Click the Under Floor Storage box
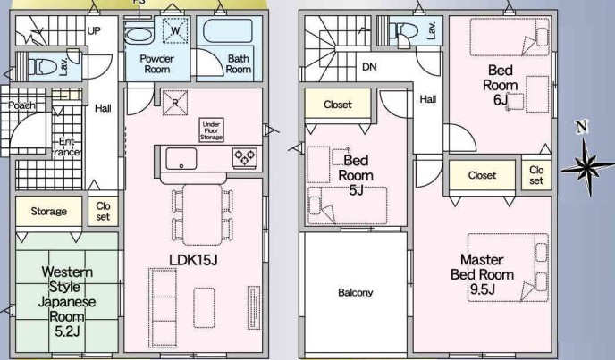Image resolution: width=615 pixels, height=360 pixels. tap(211, 130)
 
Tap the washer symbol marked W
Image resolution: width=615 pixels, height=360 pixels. tap(175, 30)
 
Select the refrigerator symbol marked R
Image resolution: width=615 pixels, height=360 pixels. tap(175, 103)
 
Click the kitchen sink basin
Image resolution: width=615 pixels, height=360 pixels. tap(181, 158)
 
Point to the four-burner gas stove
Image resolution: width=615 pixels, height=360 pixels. tap(245, 157)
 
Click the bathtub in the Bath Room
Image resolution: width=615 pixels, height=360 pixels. tap(228, 30)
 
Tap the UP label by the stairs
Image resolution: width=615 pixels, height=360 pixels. tap(94, 30)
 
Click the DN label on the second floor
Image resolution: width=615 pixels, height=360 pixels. tap(369, 67)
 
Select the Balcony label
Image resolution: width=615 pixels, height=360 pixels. tap(356, 292)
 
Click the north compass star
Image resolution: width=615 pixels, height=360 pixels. tap(586, 167)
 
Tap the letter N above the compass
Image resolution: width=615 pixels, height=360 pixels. tap(582, 127)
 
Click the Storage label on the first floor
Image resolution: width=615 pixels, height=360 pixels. tap(48, 212)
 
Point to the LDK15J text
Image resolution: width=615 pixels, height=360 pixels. tap(193, 260)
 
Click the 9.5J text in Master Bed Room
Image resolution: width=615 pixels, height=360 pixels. tap(483, 289)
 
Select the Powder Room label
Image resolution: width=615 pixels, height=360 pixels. tap(157, 64)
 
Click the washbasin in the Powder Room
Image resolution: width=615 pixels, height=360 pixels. tap(139, 34)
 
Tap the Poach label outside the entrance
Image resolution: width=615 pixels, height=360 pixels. tap(22, 105)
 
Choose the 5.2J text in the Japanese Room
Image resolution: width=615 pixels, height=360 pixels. tap(67, 331)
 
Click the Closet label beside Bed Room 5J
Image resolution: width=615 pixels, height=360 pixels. tap(338, 105)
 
